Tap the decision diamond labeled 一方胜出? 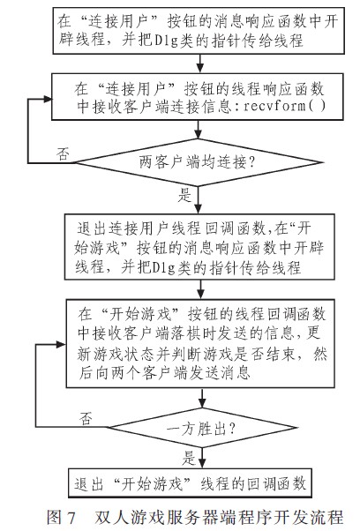point(189,431)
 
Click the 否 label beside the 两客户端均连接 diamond point(62,152)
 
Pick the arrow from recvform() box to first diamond point(189,131)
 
